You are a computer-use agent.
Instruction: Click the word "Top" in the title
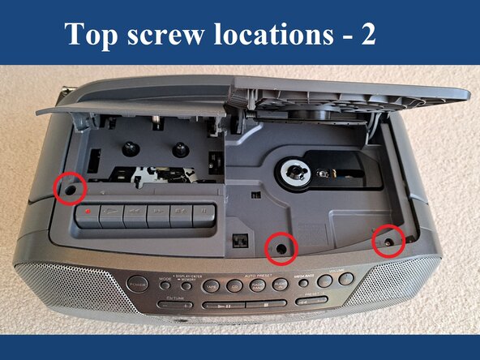91,36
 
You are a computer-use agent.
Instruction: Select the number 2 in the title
367,36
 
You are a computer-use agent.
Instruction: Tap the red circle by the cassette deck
70,188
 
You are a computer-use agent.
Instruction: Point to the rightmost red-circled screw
388,241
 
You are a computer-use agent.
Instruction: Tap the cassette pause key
203,215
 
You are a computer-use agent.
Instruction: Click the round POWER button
137,285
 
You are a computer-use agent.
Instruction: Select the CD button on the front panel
234,285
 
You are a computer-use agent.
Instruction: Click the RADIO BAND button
258,285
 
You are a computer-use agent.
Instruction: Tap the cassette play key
158,215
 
